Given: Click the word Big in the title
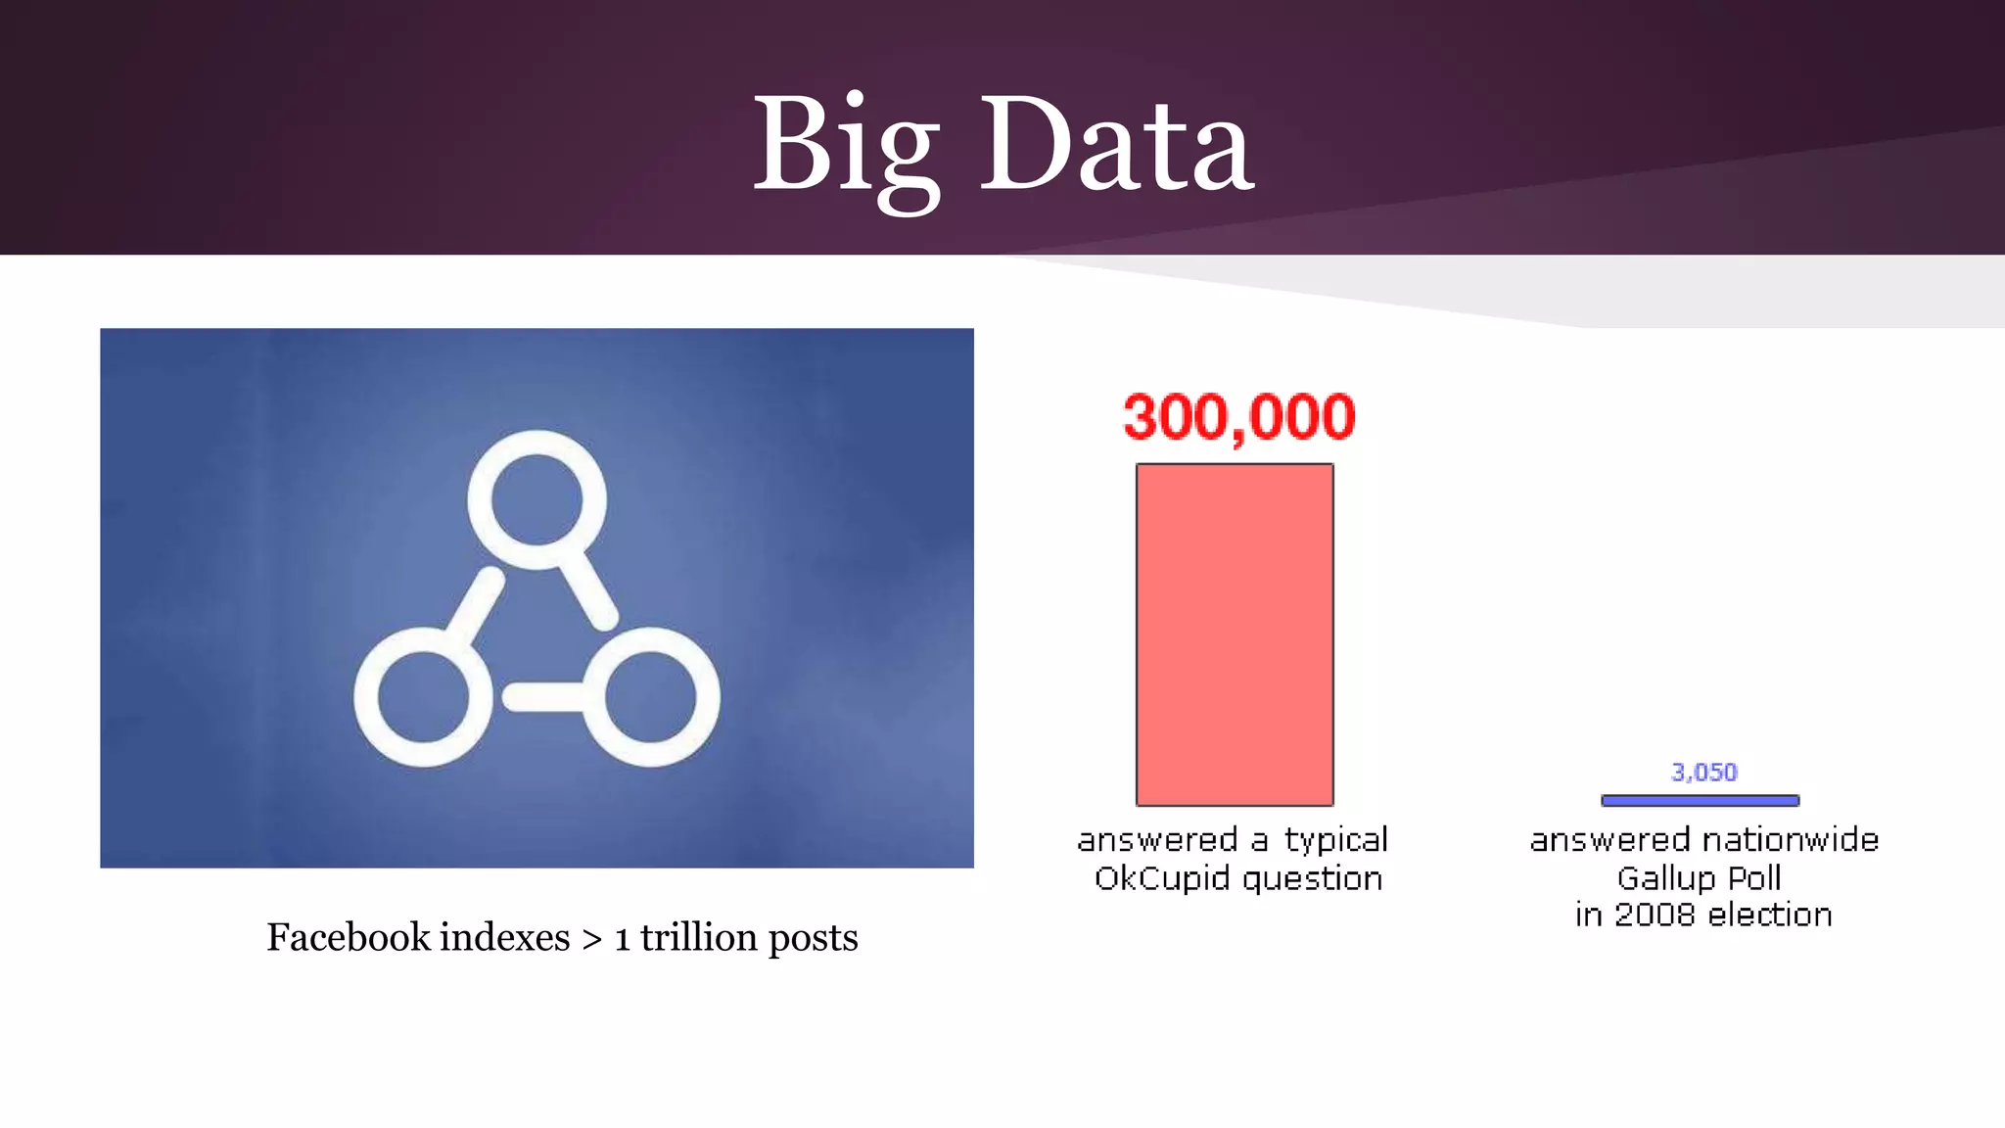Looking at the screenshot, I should (846, 147).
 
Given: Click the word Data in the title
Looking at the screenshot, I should (1116, 147).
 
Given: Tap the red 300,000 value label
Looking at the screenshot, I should (1238, 417).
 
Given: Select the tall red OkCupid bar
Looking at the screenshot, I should (1235, 634).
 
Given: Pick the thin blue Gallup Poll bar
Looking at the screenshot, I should (1700, 800).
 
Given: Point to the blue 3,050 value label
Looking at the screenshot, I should (1703, 773).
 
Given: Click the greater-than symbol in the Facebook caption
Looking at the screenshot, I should (591, 939).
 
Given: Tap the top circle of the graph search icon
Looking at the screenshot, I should (536, 499).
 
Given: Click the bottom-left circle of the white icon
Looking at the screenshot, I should (422, 697).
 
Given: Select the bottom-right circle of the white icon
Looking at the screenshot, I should (651, 697).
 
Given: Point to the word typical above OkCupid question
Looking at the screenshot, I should (1335, 840).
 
